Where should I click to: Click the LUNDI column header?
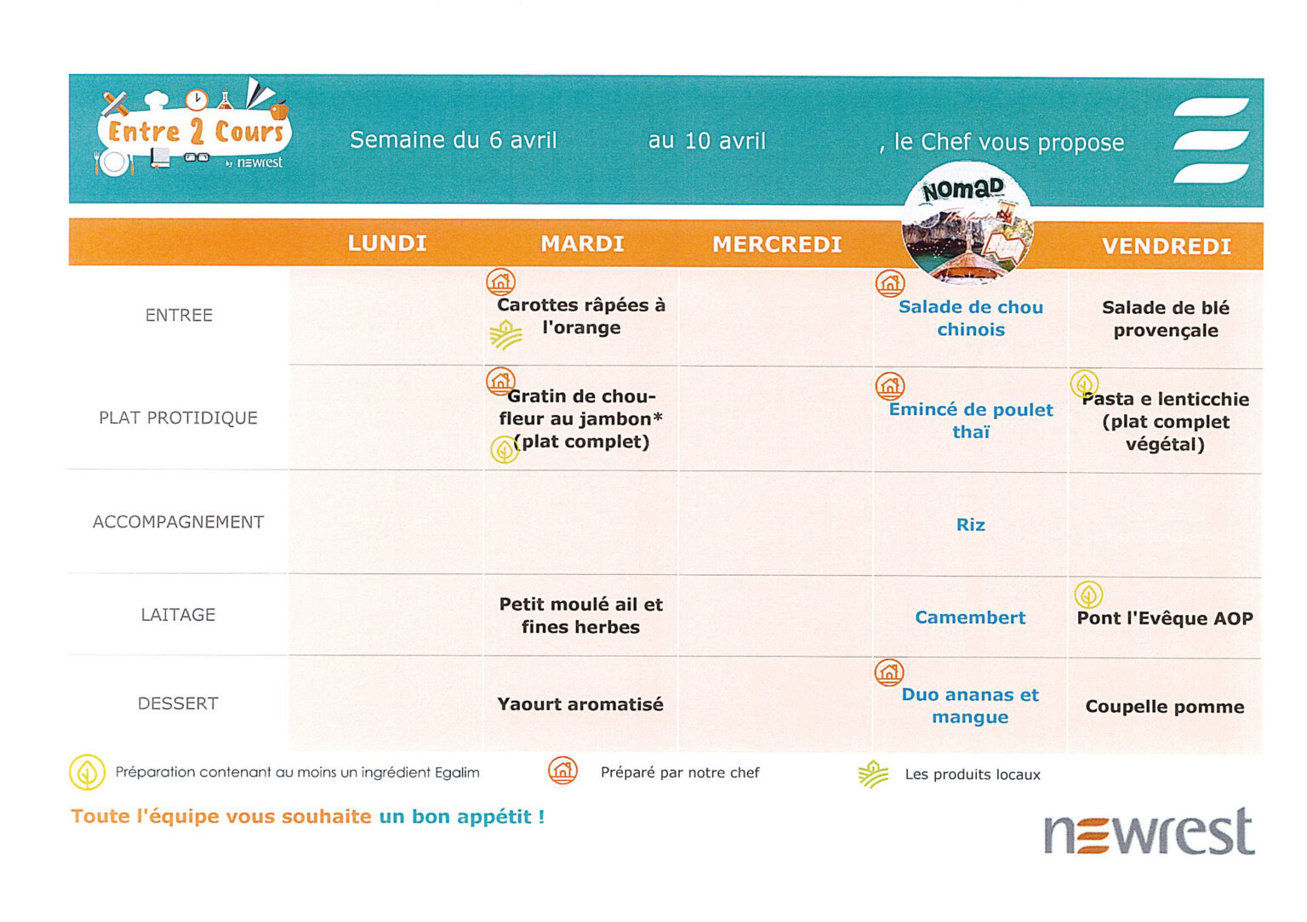(x=387, y=243)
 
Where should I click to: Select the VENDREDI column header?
(x=1166, y=247)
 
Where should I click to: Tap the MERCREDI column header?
(x=777, y=245)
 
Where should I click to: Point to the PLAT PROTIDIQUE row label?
(x=178, y=418)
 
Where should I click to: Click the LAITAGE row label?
(x=178, y=614)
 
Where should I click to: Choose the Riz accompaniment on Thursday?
(x=970, y=525)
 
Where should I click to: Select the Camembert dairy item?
(x=970, y=618)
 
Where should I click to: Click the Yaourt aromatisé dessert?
(x=580, y=704)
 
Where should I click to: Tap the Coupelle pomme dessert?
(x=1164, y=707)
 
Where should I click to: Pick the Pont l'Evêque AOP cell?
(x=1164, y=618)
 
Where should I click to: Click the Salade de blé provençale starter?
(x=1165, y=319)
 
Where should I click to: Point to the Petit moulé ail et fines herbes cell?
(x=580, y=616)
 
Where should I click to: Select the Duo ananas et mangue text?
(x=970, y=706)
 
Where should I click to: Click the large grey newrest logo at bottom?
(x=1148, y=833)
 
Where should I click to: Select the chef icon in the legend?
(x=562, y=771)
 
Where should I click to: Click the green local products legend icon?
(x=873, y=774)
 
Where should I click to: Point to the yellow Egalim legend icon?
(x=87, y=772)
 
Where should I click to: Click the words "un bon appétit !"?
(x=461, y=817)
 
